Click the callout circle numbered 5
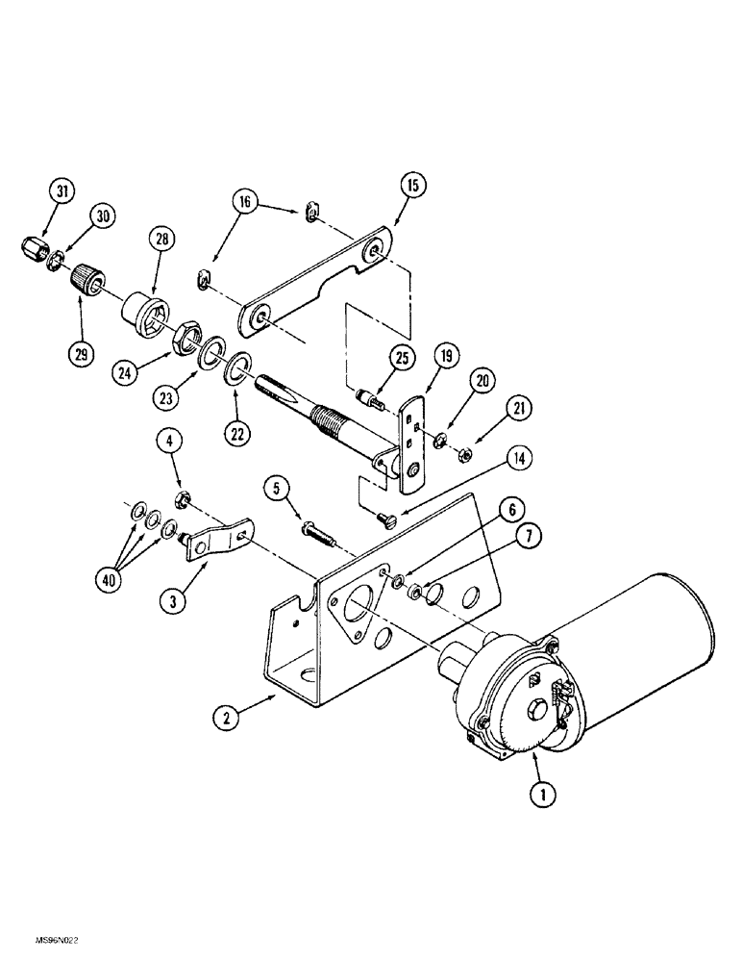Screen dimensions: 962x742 (x=277, y=488)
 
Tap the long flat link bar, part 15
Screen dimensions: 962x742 (x=317, y=279)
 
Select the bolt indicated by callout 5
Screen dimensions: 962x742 (x=318, y=529)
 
